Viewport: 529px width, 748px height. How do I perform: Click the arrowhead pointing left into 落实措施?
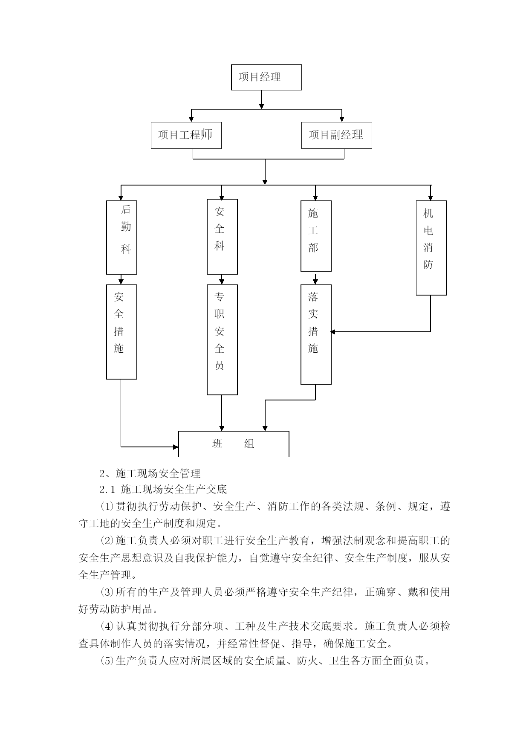(x=333, y=332)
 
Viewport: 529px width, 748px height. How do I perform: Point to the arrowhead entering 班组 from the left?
(x=175, y=447)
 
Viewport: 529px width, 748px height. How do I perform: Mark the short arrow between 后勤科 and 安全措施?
(x=121, y=279)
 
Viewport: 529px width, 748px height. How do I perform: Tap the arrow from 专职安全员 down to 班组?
(x=222, y=413)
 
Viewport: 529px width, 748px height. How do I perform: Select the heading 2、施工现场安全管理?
(x=150, y=473)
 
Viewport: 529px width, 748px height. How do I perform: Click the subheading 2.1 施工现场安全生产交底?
(x=163, y=489)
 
